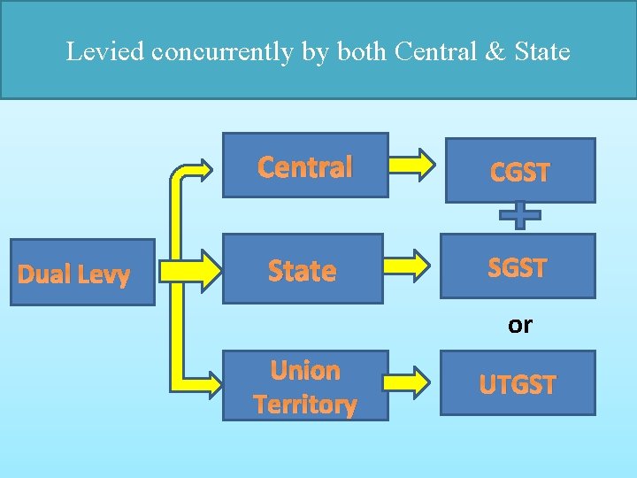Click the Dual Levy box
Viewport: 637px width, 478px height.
click(81, 273)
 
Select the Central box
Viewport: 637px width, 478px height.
click(304, 165)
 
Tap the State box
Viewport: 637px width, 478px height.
click(302, 269)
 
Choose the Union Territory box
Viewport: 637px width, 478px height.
click(304, 385)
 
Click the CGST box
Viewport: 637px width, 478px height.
click(519, 171)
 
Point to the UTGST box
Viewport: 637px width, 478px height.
click(518, 383)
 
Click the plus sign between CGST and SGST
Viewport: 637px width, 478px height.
click(519, 213)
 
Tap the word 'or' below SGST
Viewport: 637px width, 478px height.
click(519, 326)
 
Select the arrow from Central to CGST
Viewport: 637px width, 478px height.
click(412, 164)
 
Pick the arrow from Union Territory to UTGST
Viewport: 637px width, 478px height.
click(411, 382)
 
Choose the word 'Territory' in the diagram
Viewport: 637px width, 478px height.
click(304, 405)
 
